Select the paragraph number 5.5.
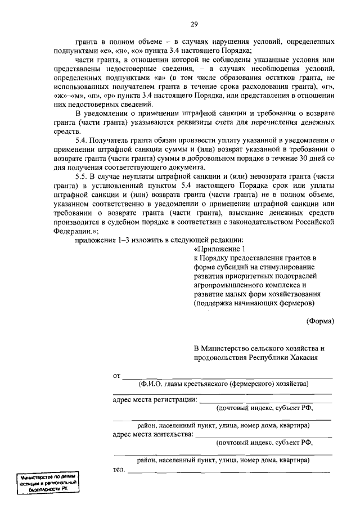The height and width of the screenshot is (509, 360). (82, 176)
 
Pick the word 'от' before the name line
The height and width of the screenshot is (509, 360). (117, 375)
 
